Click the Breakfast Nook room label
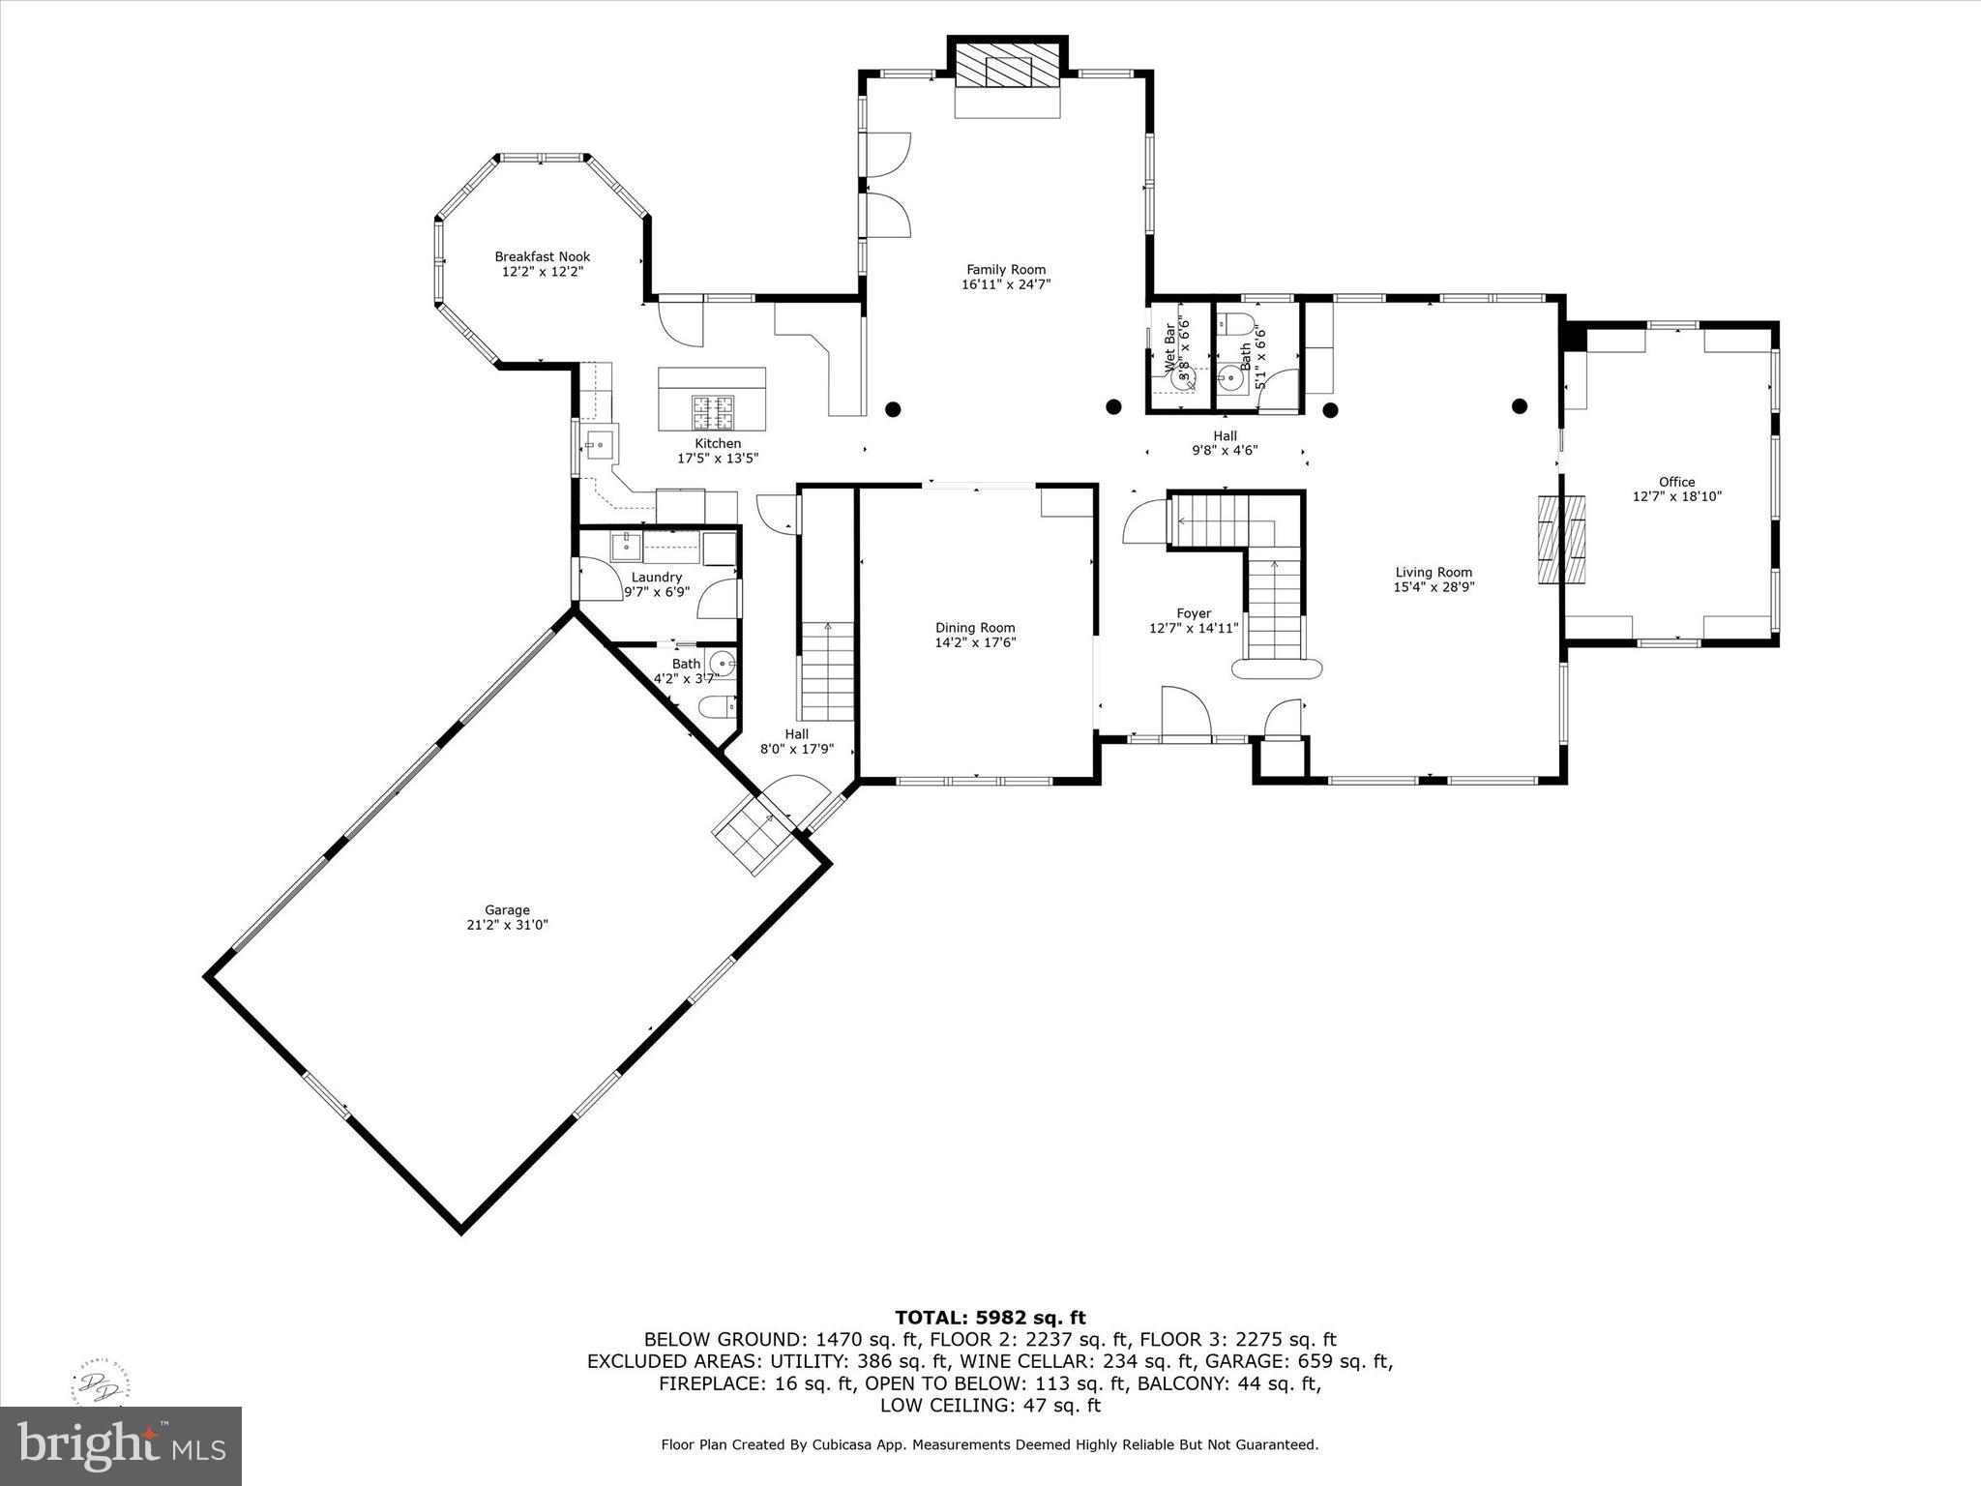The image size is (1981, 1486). [x=542, y=256]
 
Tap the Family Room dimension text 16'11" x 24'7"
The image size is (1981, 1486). [x=1006, y=284]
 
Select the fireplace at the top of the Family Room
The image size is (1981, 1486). [x=1007, y=71]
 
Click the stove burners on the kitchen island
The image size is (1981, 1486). [x=712, y=412]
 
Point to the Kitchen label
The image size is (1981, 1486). [x=718, y=443]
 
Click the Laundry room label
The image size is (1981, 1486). [x=656, y=577]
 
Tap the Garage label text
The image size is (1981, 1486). [x=507, y=909]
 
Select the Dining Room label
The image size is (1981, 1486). [x=975, y=627]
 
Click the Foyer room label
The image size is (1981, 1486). [x=1194, y=612]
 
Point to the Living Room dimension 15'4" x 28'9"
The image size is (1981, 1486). [x=1434, y=587]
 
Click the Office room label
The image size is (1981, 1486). [x=1676, y=482]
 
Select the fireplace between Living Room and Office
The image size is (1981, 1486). [x=1562, y=539]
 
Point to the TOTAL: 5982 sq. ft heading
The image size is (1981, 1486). [x=990, y=1317]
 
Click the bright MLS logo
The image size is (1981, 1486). [x=121, y=1446]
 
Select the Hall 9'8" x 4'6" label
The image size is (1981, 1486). [x=1225, y=442]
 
